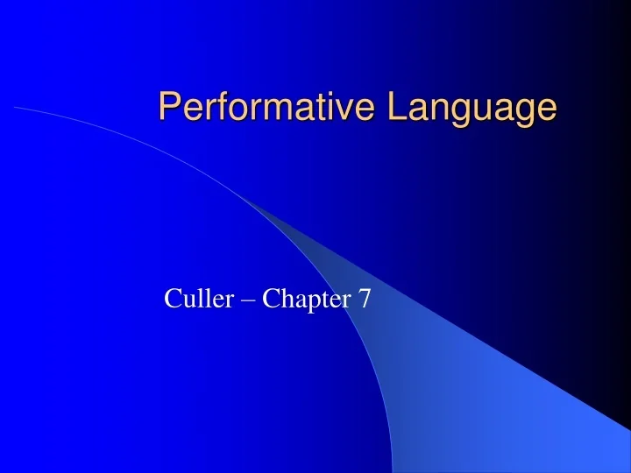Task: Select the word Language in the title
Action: pyautogui.click(x=472, y=108)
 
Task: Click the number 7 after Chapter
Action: pyautogui.click(x=364, y=300)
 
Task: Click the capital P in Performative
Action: pyautogui.click(x=168, y=107)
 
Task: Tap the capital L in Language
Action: pyautogui.click(x=396, y=107)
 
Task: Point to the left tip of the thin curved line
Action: pyautogui.click(x=15, y=108)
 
